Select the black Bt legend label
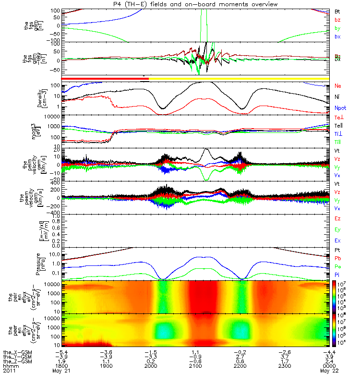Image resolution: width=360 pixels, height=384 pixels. tap(337, 11)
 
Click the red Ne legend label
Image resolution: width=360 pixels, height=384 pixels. tap(338, 86)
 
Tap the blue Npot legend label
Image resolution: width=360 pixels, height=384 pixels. tap(340, 108)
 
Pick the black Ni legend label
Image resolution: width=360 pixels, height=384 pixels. tap(337, 97)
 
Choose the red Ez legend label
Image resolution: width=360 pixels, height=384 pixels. tap(337, 218)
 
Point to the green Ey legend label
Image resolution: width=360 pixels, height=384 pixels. tap(337, 229)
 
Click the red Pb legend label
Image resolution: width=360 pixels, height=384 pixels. tap(337, 262)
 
